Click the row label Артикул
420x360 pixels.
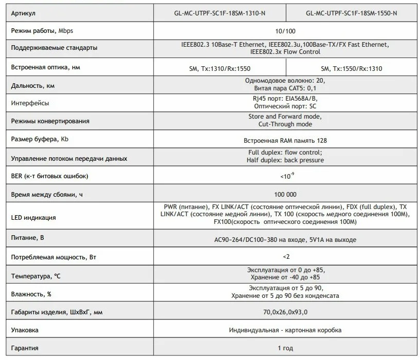[x=24, y=13]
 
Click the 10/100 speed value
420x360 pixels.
[x=285, y=31]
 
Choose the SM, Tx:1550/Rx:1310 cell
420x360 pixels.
[x=351, y=68]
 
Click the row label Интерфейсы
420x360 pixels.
[x=30, y=103]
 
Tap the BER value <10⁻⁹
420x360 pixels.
[x=286, y=176]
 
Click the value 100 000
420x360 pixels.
[x=285, y=195]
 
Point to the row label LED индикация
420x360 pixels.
[x=33, y=218]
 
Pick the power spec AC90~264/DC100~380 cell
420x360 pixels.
[x=285, y=239]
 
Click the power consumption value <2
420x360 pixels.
[x=286, y=256]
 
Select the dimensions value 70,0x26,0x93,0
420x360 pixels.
[x=285, y=312]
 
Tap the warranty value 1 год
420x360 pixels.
[x=285, y=348]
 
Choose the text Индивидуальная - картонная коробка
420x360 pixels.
[x=285, y=330]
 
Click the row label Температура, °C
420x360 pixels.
[x=36, y=276]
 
